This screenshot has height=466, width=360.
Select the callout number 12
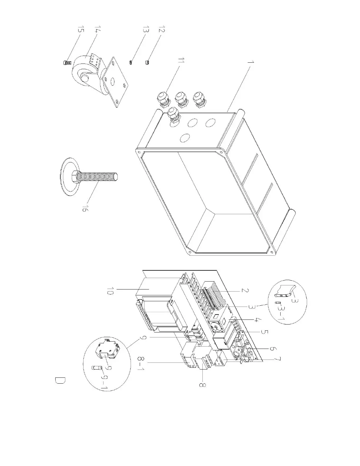161,30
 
